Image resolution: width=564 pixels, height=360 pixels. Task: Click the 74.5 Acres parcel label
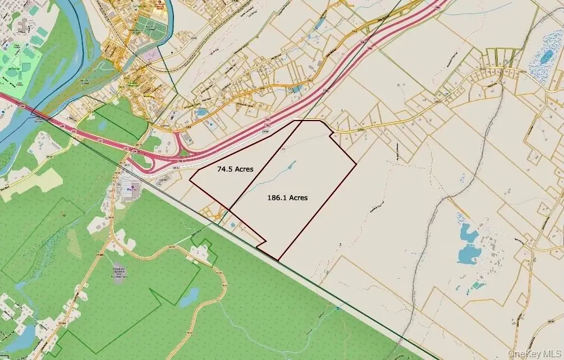click(x=236, y=168)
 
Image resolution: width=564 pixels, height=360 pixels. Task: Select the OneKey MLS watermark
click(x=534, y=353)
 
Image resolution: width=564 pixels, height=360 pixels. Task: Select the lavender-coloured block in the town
click(x=151, y=55)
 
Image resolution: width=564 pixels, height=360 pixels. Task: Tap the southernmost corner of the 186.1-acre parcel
click(x=278, y=260)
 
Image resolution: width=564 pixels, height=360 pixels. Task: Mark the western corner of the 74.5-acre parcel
click(x=190, y=181)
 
